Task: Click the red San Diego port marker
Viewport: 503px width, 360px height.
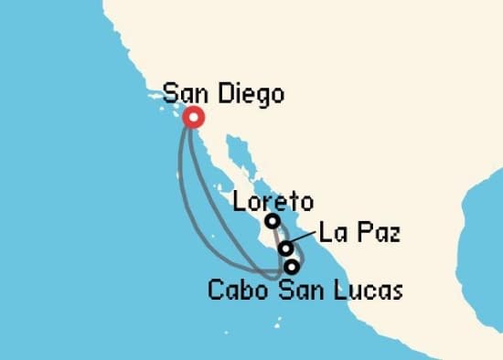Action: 193,117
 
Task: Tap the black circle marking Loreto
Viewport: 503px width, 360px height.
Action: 272,221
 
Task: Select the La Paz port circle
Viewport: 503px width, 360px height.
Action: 286,248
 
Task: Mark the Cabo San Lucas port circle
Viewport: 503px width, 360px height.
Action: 292,267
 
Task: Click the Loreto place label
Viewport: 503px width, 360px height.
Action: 273,201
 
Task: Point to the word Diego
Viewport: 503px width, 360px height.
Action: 248,93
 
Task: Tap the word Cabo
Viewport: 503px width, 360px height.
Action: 237,291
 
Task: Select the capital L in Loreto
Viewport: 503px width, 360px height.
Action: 240,201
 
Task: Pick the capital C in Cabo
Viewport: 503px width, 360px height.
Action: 216,291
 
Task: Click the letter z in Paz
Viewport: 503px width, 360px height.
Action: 395,235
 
